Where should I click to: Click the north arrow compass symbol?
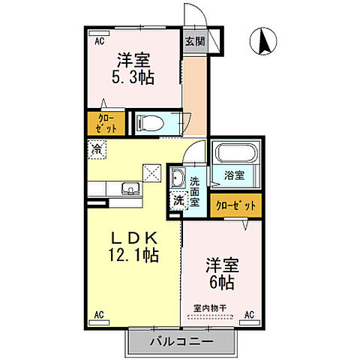[263, 40]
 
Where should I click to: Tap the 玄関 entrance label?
[194, 42]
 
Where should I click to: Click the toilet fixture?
[150, 121]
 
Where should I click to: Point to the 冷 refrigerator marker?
[97, 148]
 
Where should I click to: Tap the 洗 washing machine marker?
[178, 200]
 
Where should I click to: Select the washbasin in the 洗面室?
[178, 178]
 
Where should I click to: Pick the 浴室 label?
[235, 177]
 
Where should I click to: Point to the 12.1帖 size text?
[133, 256]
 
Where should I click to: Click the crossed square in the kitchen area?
[153, 172]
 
